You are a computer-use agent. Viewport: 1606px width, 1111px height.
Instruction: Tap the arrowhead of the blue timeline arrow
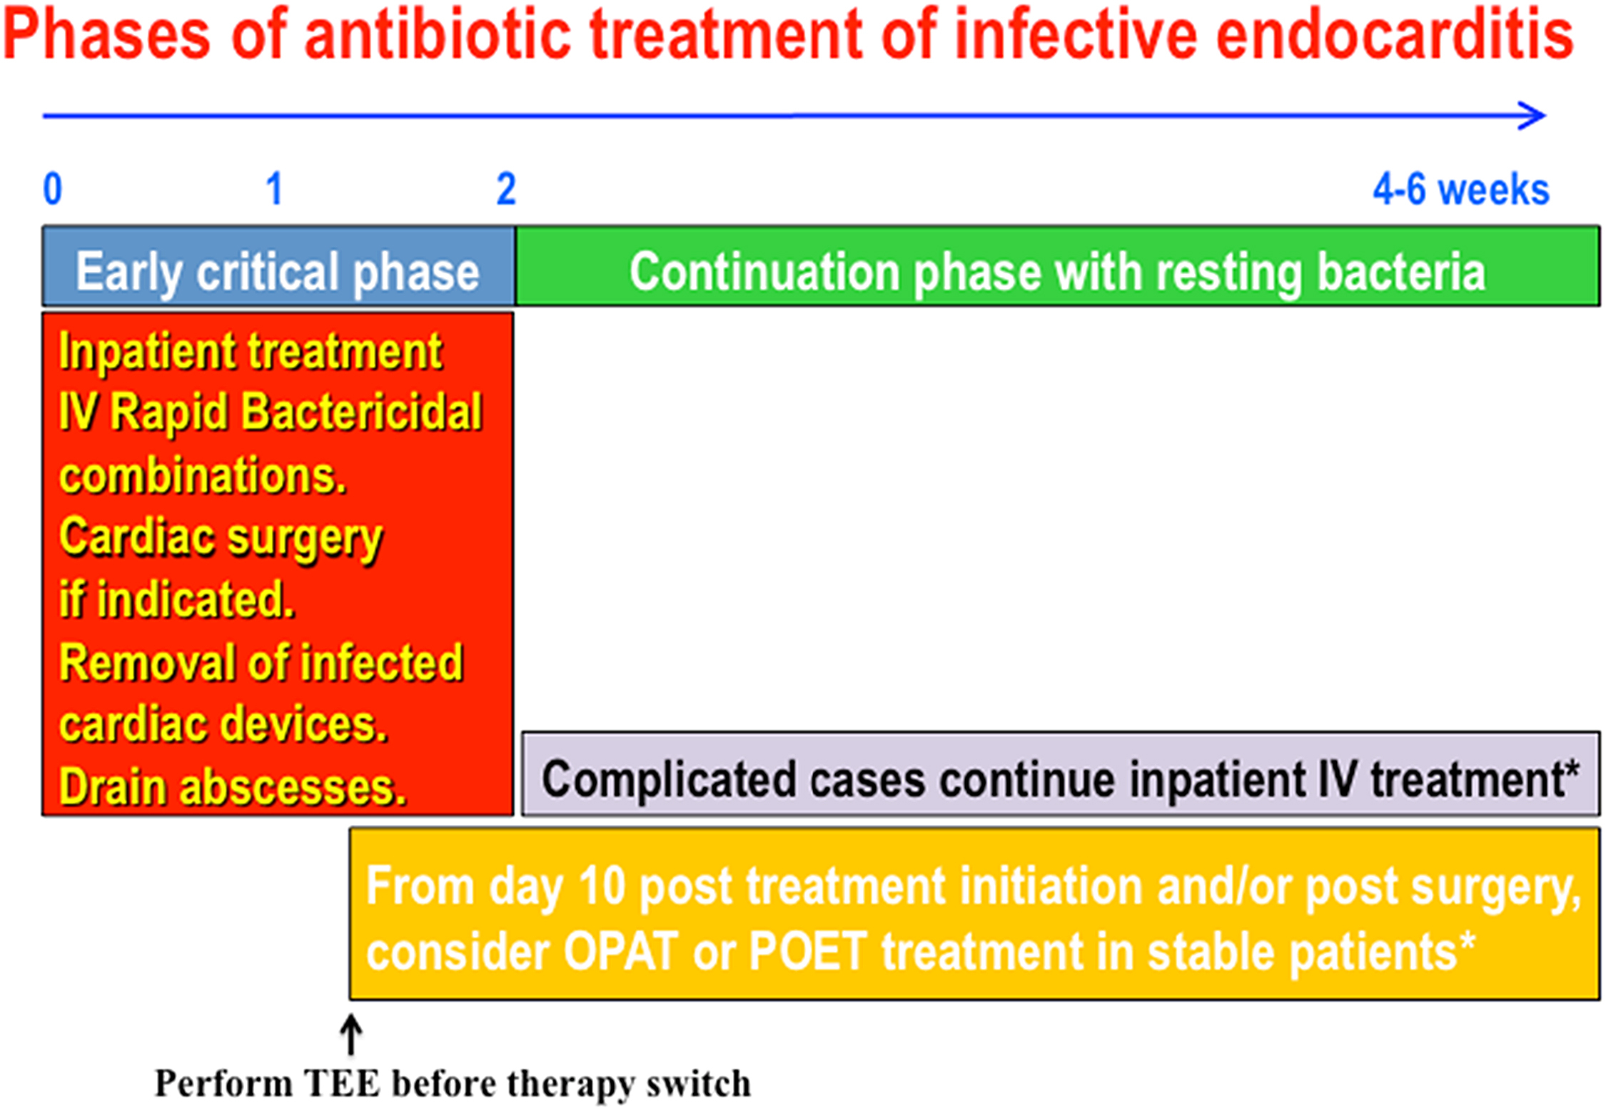click(x=1532, y=116)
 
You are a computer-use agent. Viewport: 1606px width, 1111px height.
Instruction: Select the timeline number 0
click(x=53, y=189)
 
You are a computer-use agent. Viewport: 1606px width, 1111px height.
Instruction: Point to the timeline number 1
click(x=275, y=189)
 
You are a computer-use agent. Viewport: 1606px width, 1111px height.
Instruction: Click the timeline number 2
click(x=506, y=189)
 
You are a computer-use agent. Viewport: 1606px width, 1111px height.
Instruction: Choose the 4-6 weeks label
click(x=1461, y=190)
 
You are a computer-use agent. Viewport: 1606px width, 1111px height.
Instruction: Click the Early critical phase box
click(x=278, y=266)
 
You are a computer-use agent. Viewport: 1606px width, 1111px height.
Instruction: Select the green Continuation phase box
click(x=1057, y=266)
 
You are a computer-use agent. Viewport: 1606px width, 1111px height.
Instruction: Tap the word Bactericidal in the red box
click(x=362, y=412)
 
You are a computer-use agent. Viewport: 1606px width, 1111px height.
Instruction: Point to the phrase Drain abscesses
click(x=233, y=787)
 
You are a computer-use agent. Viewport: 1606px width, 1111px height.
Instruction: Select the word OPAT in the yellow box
click(x=620, y=952)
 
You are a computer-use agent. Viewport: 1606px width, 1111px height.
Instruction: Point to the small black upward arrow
click(x=350, y=1035)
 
